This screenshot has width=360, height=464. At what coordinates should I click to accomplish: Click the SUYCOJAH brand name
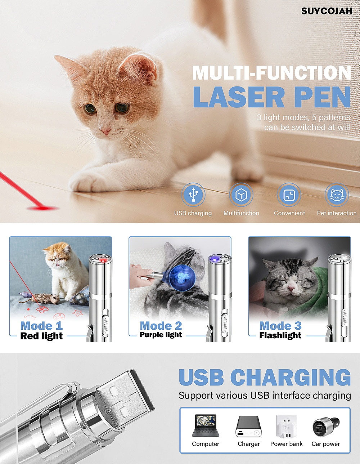pos(327,11)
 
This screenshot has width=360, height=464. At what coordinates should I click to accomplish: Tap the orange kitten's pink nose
pos(106,130)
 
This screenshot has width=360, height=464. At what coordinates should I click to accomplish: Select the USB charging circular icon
pos(193,195)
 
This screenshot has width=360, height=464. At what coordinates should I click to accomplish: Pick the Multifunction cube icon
pos(241,195)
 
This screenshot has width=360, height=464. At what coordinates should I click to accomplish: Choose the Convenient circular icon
pos(289,195)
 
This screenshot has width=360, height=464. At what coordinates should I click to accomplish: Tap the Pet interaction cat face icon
pos(337,195)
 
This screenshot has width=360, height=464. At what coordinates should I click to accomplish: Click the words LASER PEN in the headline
pos(272,97)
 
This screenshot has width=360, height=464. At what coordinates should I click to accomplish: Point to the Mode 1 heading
pos(41,326)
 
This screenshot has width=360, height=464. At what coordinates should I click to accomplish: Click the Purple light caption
pos(161,335)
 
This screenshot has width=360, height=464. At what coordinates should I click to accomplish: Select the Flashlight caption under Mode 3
pos(280,335)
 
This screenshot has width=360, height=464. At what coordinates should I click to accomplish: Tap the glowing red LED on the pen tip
pos(103,260)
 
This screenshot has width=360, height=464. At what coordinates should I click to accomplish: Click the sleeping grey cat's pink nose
pos(291,289)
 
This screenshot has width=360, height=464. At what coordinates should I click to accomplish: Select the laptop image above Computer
pos(205,425)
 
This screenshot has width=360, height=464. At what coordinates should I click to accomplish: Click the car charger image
pos(326,427)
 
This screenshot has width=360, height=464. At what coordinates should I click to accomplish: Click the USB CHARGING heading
pos(265,378)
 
